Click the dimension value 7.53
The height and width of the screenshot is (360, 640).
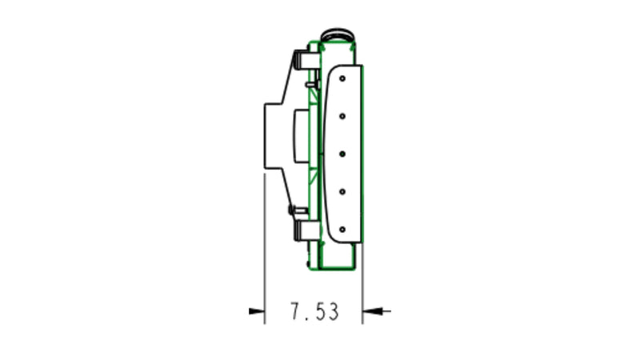click(314, 311)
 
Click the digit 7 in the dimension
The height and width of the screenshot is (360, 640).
click(295, 311)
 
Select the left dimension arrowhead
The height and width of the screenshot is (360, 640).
click(257, 310)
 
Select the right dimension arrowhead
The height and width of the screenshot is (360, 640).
click(370, 310)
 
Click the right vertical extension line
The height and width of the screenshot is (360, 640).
click(362, 280)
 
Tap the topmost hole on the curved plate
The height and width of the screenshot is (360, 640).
click(342, 79)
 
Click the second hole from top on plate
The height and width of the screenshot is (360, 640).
click(342, 116)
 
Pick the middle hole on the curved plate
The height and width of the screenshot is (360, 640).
click(342, 153)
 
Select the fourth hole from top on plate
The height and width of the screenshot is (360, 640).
click(342, 190)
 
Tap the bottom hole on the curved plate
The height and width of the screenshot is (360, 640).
click(342, 229)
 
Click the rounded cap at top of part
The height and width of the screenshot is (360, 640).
click(340, 36)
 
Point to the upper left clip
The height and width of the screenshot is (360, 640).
click(303, 60)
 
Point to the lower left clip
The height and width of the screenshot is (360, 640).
click(303, 231)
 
